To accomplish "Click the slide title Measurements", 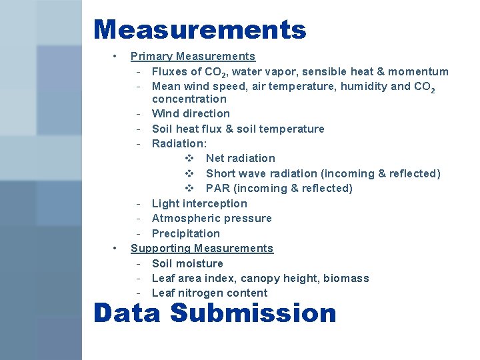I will tap(199, 30).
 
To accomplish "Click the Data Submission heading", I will tap(215, 313).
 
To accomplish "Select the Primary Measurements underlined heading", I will tap(193, 57).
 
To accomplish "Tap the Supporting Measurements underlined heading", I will tap(201, 248).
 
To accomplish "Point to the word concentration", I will tap(189, 99).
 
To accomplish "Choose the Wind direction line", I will tap(191, 113).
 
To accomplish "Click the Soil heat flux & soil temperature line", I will tap(238, 129).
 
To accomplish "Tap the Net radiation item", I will tap(240, 158).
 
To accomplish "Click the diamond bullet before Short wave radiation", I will tap(189, 173).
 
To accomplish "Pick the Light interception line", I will tap(199, 203).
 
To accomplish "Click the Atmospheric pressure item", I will tap(211, 218).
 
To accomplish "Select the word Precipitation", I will tap(185, 233).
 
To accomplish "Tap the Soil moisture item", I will tap(187, 263).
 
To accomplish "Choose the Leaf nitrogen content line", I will tap(209, 293).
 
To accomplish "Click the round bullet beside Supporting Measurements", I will tap(115, 248).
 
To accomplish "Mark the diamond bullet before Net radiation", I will tap(189, 158).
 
